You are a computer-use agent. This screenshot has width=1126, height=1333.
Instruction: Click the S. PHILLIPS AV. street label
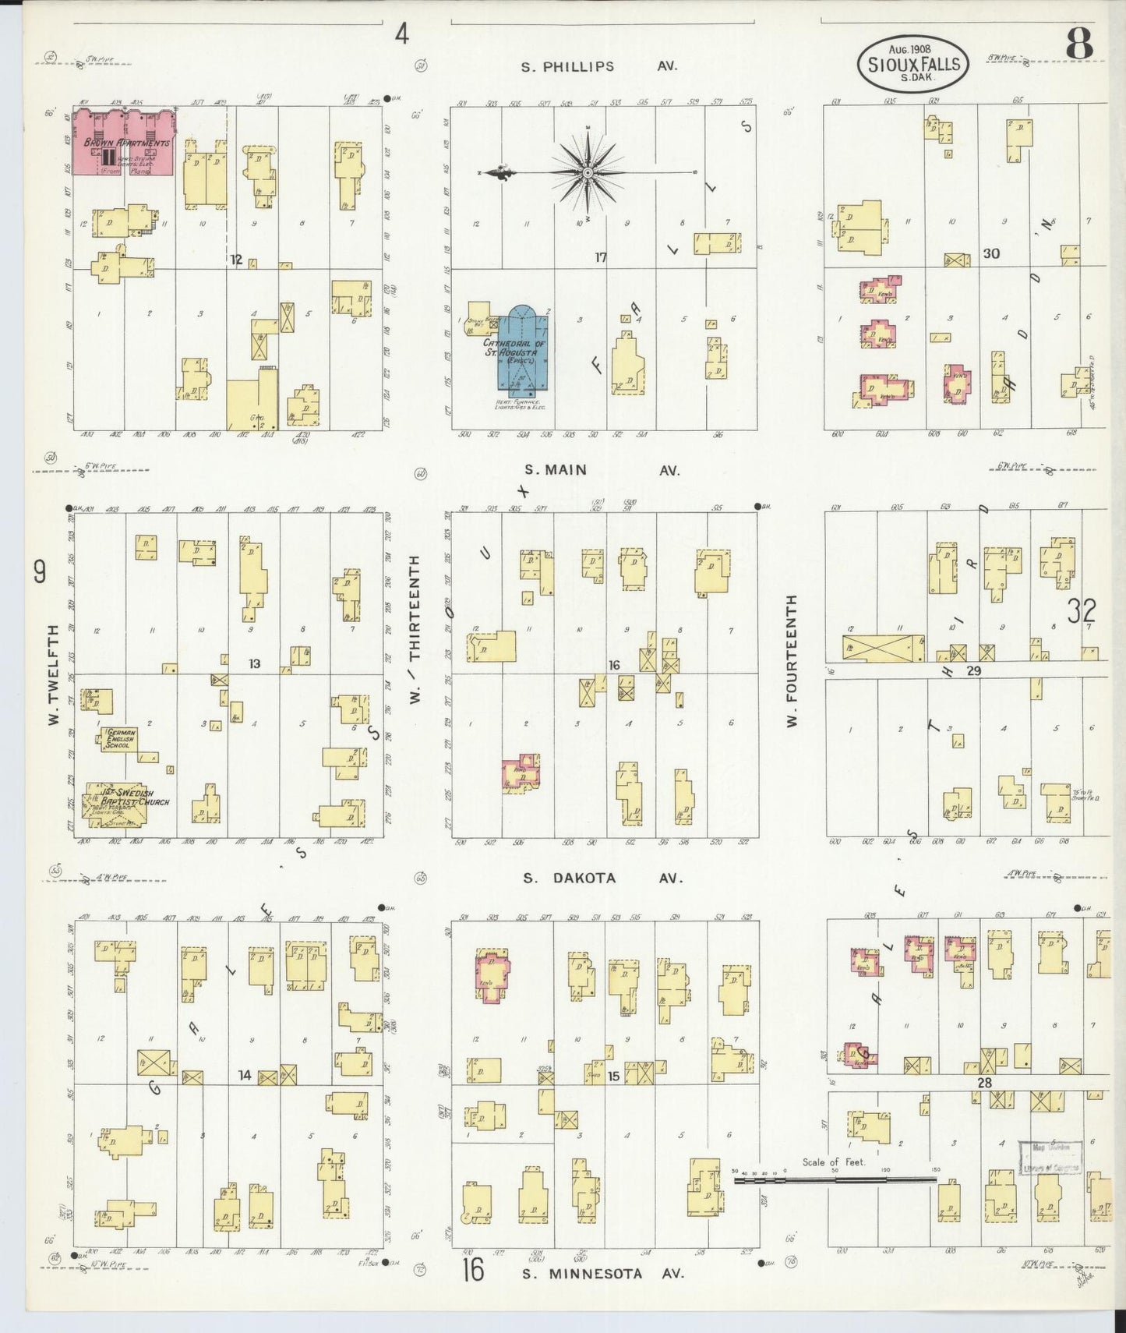click(599, 67)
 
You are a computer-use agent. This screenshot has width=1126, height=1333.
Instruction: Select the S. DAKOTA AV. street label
click(602, 878)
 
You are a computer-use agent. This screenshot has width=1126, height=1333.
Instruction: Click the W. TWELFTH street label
click(54, 675)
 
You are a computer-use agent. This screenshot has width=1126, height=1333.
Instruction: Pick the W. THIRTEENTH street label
click(415, 630)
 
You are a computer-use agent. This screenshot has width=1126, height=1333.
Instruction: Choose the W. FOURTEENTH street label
click(792, 661)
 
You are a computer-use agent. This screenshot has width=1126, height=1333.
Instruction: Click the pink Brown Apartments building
click(124, 143)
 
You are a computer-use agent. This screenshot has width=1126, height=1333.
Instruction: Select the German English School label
click(121, 738)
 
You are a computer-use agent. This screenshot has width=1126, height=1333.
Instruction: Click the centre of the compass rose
click(588, 171)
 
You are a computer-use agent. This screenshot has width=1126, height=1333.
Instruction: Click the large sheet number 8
click(1078, 43)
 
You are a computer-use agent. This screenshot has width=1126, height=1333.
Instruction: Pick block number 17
click(601, 256)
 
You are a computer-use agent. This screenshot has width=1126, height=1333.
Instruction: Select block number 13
click(254, 664)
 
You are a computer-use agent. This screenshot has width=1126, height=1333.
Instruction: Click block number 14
click(245, 1075)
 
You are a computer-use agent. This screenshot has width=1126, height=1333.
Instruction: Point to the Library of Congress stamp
click(1050, 1158)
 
